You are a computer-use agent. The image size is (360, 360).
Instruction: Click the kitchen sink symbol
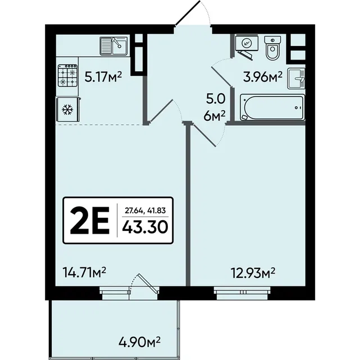pos(113,46)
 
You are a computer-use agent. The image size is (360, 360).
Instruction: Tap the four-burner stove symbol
pos(67,75)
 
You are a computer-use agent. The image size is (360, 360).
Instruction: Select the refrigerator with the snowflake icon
pos(68,110)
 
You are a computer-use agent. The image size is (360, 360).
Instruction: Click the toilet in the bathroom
pos(272,48)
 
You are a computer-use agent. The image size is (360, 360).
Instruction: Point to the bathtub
pos(272,107)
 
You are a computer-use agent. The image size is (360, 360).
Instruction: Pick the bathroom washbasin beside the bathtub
pos(296,79)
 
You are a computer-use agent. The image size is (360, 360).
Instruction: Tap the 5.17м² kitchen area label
pos(103,77)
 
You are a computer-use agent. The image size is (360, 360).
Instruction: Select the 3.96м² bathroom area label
pos(263,77)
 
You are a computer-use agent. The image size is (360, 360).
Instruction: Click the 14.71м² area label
pos(84,272)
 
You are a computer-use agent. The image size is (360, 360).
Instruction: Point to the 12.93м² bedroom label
pos(253,272)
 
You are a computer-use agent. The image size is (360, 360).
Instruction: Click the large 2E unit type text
pos(89,220)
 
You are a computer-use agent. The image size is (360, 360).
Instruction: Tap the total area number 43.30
pos(145,227)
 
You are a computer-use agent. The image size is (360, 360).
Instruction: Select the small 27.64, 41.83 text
pos(145,211)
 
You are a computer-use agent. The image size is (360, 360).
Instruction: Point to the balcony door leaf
pos(148,284)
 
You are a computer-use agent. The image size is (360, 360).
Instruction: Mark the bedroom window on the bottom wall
pos(242,293)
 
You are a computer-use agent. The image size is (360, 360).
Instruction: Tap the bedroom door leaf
pos(204,135)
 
